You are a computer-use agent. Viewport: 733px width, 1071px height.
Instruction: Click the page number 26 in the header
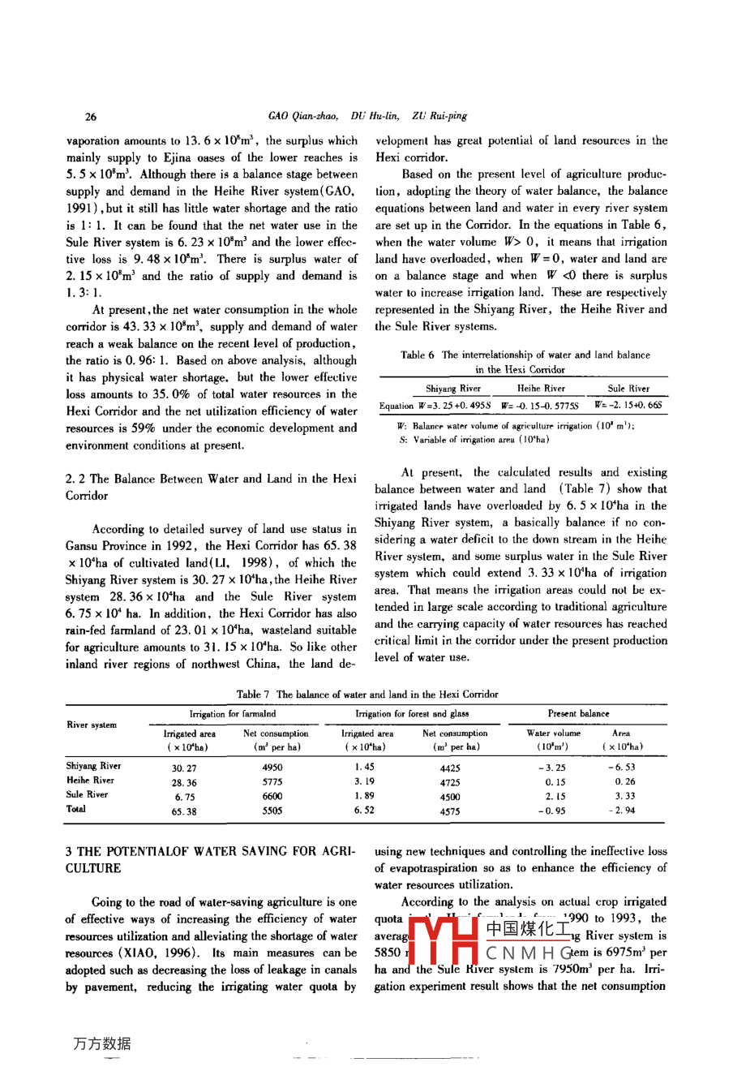point(90,116)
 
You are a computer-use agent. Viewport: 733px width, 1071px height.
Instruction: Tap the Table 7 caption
point(367,695)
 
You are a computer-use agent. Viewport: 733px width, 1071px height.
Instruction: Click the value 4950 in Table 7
point(272,768)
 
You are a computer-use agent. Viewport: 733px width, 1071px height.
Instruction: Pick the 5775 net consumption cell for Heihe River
point(272,783)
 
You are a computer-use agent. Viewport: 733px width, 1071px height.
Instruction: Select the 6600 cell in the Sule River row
point(272,797)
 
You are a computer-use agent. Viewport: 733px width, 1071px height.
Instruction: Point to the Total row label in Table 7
point(76,809)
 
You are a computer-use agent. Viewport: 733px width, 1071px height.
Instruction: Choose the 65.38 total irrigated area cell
point(184,811)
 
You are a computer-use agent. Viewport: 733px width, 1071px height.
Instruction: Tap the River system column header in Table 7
point(92,725)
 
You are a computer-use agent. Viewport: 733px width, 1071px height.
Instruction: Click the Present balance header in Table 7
point(578,714)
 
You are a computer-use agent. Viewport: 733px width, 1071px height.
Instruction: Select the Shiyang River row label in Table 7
point(94,766)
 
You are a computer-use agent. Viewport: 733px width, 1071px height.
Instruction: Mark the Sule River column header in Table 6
point(628,389)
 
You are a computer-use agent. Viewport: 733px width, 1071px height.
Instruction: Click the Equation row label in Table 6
point(397,406)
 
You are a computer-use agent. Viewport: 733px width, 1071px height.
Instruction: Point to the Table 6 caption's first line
point(525,355)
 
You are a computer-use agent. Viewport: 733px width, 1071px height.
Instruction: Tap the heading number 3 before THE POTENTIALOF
point(69,851)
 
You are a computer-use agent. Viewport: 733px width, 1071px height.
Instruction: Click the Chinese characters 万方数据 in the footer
point(101,1043)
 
